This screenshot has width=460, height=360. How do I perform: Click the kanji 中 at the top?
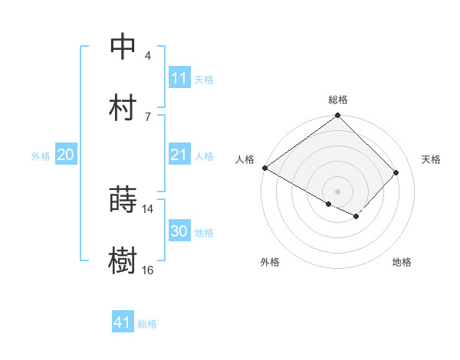123,47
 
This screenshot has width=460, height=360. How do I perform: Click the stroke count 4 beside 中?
148,56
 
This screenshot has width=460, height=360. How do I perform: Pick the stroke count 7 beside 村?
148,116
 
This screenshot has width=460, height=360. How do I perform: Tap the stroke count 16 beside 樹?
148,270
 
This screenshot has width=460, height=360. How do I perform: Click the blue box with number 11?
179,78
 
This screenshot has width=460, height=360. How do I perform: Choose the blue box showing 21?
179,155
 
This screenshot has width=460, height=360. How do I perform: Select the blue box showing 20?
65,155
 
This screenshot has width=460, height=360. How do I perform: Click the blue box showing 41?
123,322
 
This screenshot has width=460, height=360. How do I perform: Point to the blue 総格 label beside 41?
147,324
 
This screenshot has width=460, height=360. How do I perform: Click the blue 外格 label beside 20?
41,156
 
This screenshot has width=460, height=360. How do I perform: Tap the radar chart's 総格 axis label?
338,100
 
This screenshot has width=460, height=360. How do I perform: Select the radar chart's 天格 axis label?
432,159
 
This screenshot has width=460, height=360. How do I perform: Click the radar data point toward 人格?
264,168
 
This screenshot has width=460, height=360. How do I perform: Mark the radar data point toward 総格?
338,116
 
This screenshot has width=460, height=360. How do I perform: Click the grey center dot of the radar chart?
338,191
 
